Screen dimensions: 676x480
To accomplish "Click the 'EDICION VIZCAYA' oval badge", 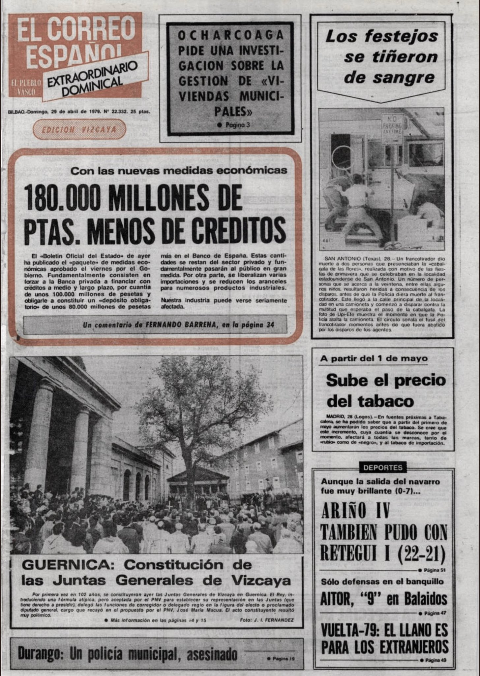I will [79, 129].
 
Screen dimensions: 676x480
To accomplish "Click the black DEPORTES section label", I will [383, 467].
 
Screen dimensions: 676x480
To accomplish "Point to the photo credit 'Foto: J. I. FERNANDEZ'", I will [267, 620].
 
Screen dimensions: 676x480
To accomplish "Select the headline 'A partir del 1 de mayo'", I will [373, 358].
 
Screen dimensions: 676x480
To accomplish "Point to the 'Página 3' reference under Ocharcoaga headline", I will [237, 125].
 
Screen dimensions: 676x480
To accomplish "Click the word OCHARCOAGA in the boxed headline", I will [230, 35].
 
